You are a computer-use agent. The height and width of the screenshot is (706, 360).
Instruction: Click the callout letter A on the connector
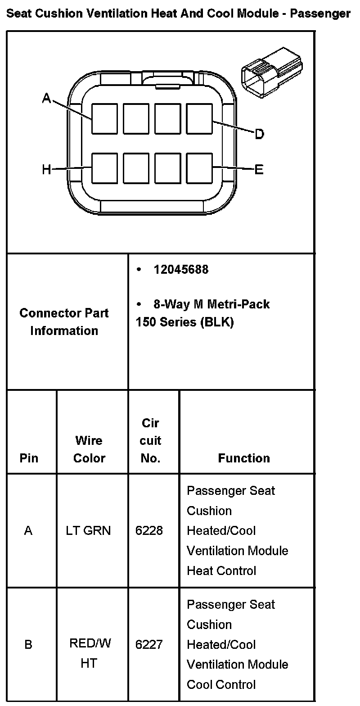(47, 98)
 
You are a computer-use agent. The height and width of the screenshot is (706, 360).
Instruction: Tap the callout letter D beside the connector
(260, 134)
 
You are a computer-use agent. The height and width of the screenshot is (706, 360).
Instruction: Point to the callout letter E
(259, 170)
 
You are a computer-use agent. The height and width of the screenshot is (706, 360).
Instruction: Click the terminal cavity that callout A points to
(104, 118)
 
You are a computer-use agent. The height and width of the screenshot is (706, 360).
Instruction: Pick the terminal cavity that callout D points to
(199, 118)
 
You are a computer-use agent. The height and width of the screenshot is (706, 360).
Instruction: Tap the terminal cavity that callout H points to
(104, 168)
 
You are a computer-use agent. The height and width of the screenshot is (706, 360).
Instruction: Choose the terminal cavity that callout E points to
(199, 168)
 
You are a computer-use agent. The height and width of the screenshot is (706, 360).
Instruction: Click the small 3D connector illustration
(271, 70)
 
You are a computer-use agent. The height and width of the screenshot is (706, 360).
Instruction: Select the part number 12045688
(181, 270)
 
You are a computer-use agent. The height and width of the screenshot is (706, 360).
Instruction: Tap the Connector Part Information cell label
(64, 322)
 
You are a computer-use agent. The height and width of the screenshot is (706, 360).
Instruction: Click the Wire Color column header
(89, 449)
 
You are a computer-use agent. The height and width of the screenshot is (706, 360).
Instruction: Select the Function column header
(244, 458)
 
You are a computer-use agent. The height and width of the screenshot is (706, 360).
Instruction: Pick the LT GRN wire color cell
(88, 531)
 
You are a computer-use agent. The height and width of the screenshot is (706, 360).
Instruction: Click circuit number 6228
(149, 531)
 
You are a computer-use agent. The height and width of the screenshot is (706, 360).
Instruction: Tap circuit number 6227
(149, 645)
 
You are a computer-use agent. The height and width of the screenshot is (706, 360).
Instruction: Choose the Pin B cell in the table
(28, 645)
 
